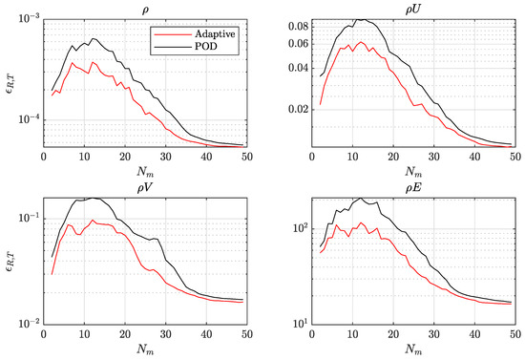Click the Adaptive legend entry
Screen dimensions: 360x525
point(203,32)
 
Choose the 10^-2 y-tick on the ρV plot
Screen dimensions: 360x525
point(24,324)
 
